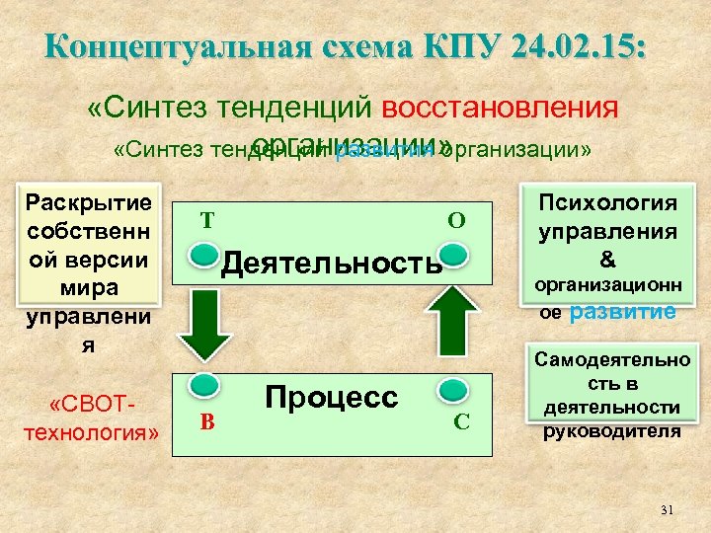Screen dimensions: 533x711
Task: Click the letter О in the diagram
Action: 456,220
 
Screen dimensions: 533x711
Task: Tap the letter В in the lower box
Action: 206,423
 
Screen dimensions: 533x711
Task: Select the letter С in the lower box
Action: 460,423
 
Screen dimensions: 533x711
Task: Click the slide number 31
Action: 666,509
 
